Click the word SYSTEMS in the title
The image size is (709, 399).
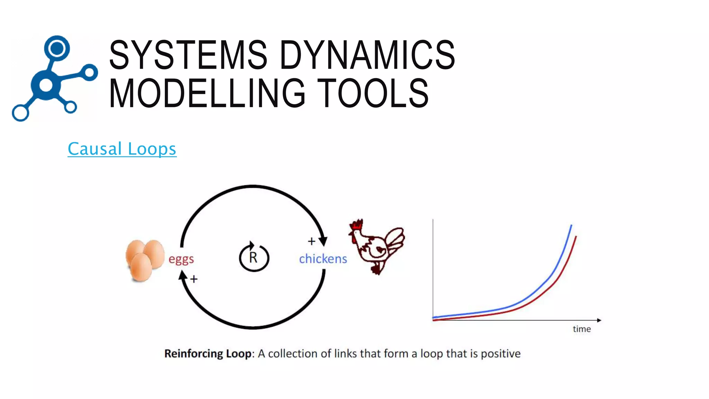[x=188, y=55]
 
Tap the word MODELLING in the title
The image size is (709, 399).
[x=207, y=93]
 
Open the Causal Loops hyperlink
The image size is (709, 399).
[x=122, y=149]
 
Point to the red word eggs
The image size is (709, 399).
[x=181, y=259]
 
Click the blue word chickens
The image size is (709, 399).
[x=323, y=259]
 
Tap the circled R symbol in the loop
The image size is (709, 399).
[x=254, y=257]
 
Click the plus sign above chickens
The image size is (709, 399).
[x=311, y=241]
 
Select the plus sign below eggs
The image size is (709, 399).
[x=194, y=279]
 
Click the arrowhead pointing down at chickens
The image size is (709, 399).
[x=323, y=241]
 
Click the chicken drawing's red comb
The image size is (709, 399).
[x=357, y=224]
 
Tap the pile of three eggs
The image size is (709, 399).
[x=144, y=260]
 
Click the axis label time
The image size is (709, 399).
[x=582, y=329]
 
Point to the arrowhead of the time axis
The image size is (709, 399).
[x=599, y=320]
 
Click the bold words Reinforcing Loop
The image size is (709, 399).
[x=208, y=354]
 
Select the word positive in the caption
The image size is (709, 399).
[x=501, y=354]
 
